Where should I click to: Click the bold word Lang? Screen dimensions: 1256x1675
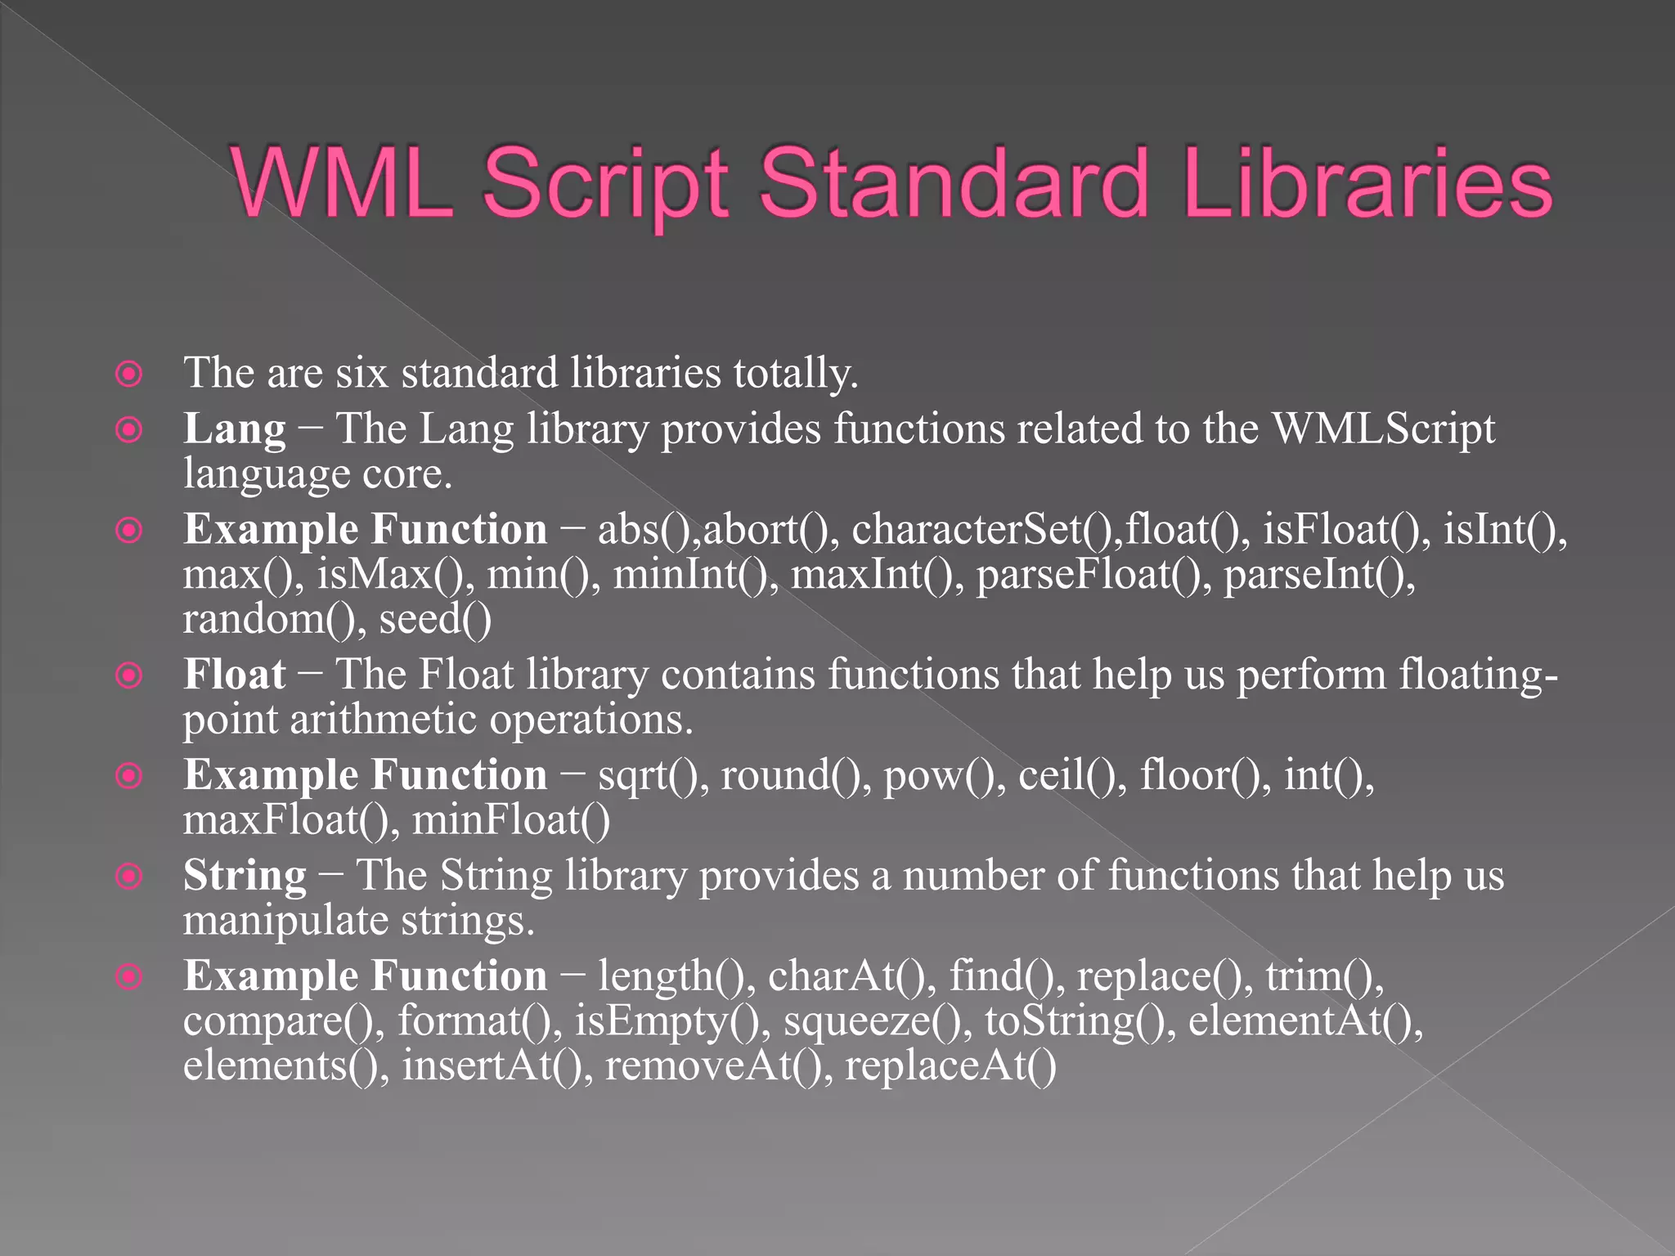click(235, 429)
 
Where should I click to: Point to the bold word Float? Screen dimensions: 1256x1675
click(235, 675)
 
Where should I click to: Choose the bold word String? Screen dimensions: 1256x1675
click(245, 877)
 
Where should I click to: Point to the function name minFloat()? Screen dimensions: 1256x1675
click(511, 820)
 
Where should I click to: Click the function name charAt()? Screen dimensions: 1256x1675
click(851, 976)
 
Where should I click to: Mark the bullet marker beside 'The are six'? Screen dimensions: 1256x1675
click(129, 375)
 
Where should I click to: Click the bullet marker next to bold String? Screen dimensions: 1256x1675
click(129, 877)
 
